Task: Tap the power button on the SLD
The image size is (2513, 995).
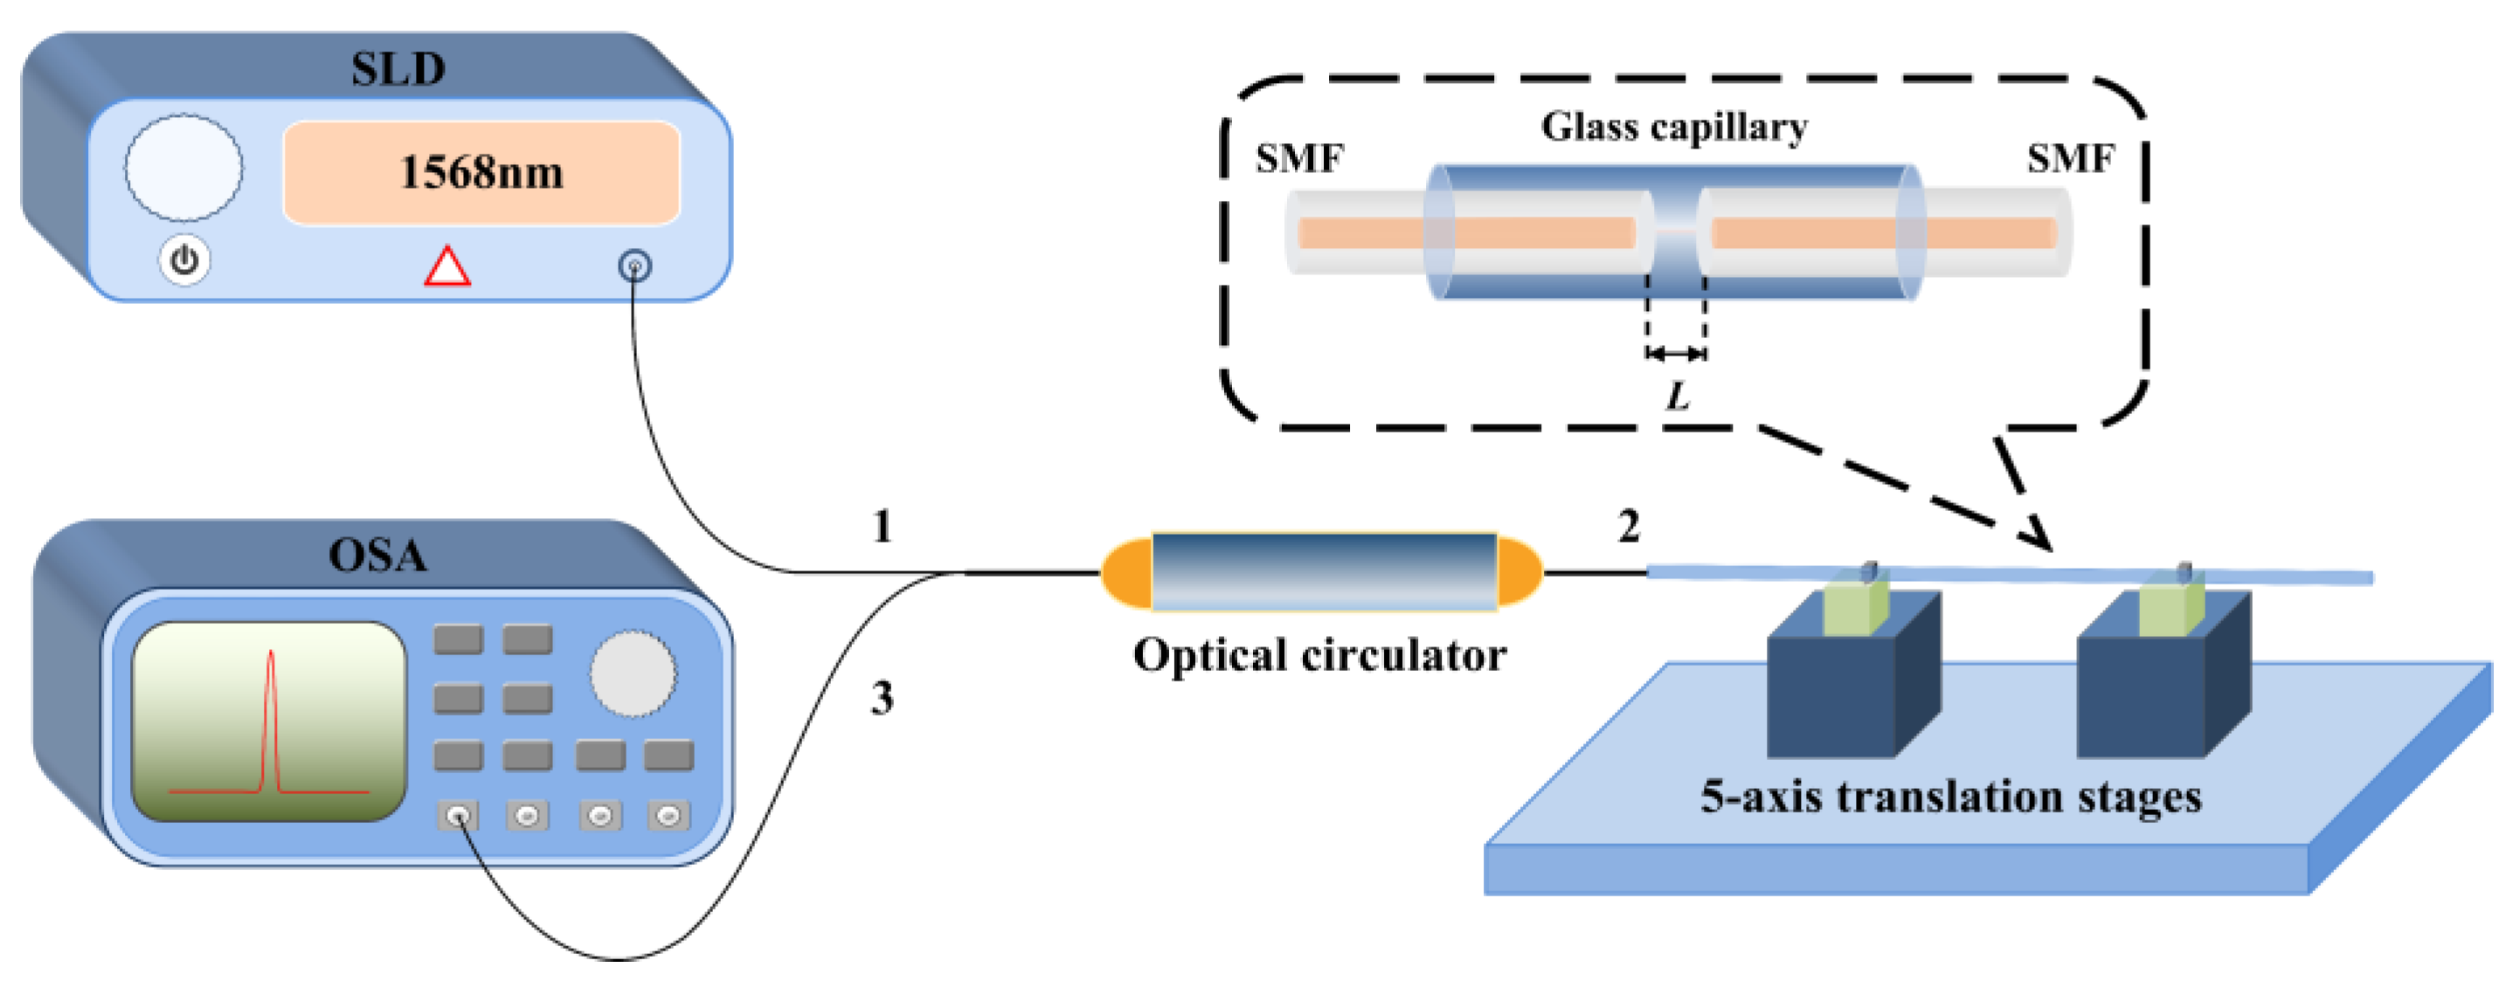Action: coord(184,260)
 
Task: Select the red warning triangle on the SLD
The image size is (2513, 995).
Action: coord(447,266)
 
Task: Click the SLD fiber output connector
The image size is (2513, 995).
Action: coord(635,266)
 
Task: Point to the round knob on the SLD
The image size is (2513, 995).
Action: coord(183,168)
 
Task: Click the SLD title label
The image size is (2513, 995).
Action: coord(398,69)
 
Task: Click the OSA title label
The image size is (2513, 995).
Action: coord(377,555)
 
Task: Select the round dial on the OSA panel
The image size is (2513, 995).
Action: coord(632,673)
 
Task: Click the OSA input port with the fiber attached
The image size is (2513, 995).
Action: coord(459,816)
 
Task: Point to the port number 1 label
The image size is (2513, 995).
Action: coord(882,527)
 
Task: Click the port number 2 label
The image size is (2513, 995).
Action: coord(1628,527)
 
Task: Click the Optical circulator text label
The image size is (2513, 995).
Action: coord(1319,654)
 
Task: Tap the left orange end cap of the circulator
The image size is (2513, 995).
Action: coord(1125,572)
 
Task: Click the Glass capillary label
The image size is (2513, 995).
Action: coord(1674,127)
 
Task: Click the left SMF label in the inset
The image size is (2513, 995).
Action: coord(1299,158)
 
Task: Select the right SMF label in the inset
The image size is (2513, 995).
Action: coord(2070,158)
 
